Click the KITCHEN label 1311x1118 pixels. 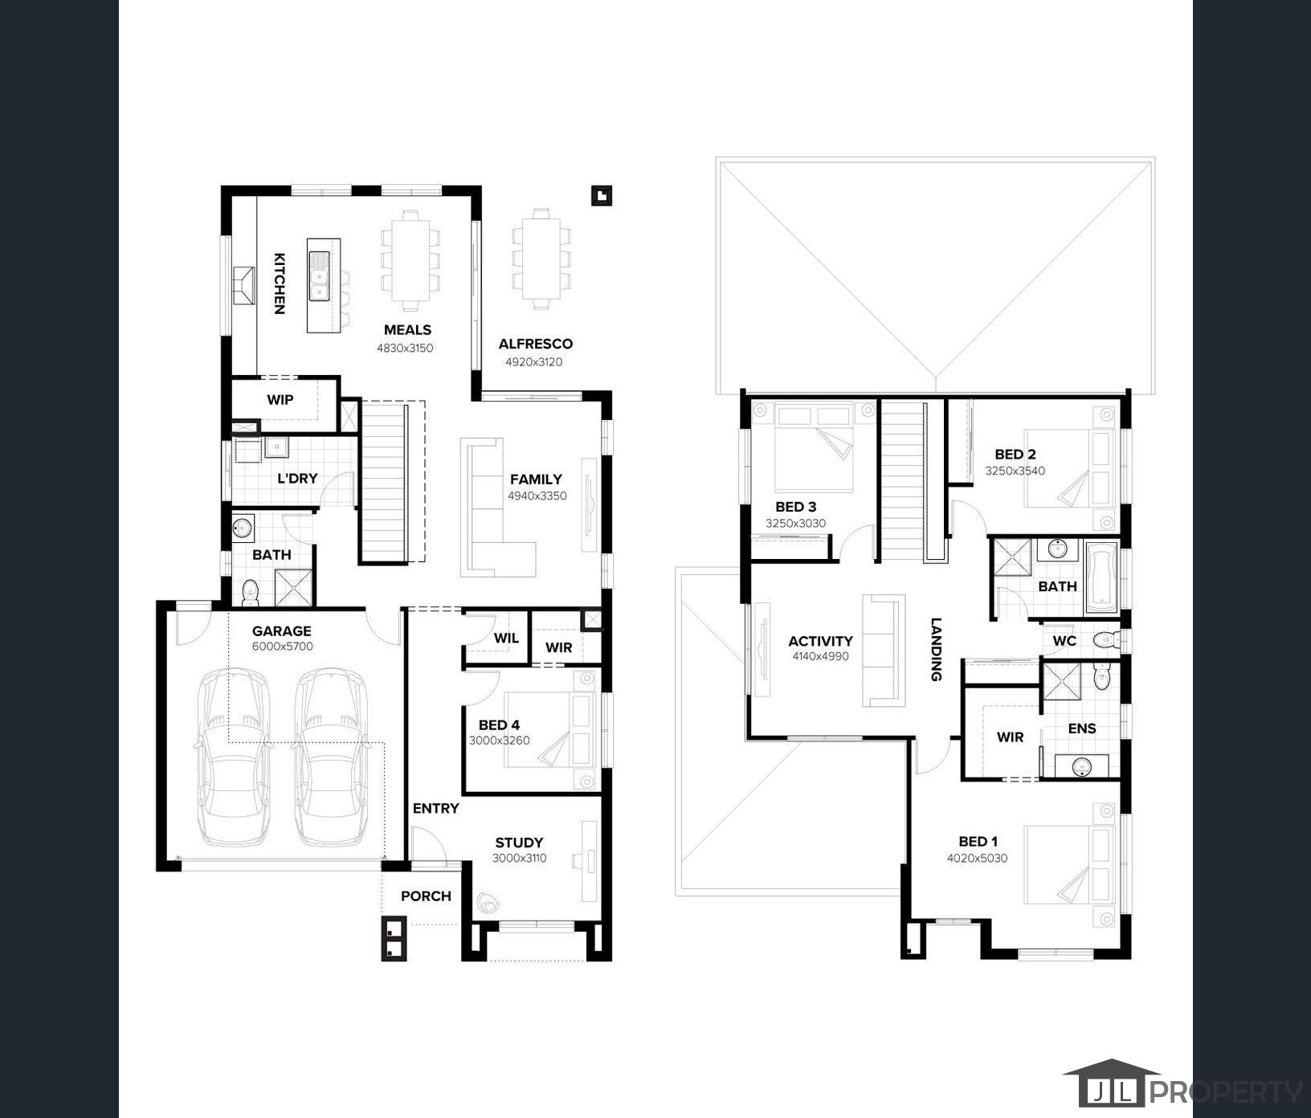[279, 284]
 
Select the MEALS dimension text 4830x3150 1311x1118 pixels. [405, 349]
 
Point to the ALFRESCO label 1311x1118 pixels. [535, 344]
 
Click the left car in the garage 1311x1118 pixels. [233, 757]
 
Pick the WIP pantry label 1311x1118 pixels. [280, 399]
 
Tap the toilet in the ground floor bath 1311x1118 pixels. [250, 592]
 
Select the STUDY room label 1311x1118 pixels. [519, 843]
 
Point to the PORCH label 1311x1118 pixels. [426, 896]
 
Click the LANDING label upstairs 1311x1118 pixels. [936, 649]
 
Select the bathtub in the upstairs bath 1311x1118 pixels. [1101, 577]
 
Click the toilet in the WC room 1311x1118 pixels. [1109, 640]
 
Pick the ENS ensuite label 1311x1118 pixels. [1082, 728]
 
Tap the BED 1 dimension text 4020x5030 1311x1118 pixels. [977, 859]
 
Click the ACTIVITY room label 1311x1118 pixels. [820, 641]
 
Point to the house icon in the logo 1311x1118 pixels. [1112, 1083]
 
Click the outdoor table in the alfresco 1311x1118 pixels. [541, 259]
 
